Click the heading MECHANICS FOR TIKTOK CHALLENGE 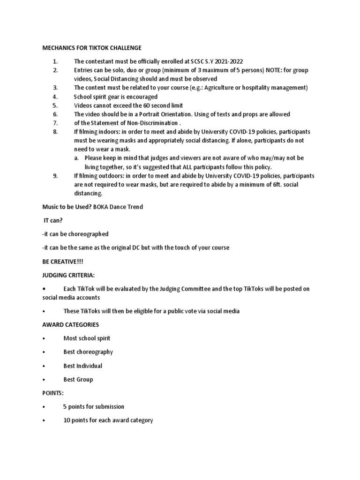92,48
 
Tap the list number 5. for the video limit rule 55,105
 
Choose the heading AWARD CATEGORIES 71,324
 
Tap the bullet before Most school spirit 44,338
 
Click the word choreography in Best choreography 95,352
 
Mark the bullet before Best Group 44,380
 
